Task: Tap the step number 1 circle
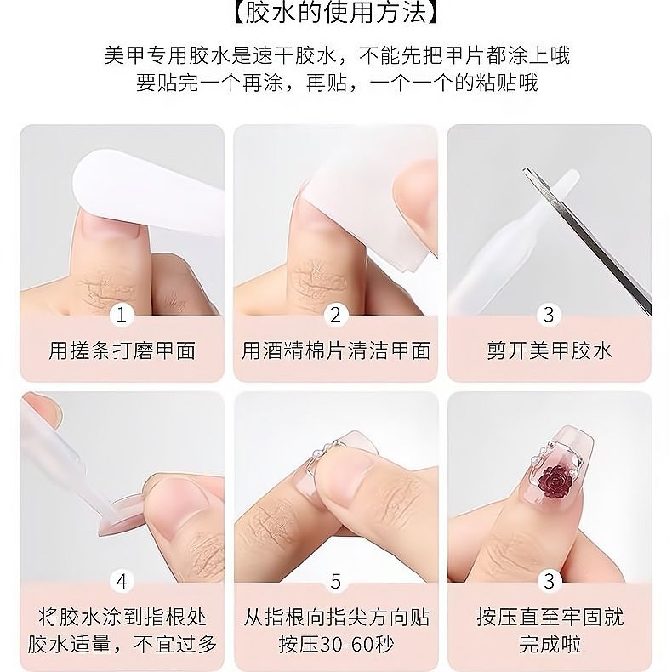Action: [x=122, y=315]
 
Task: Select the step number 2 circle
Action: [x=335, y=315]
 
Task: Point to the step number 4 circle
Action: [x=122, y=582]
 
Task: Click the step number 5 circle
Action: [x=335, y=582]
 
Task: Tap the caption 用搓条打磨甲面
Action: [x=122, y=350]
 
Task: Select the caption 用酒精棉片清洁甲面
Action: [x=335, y=350]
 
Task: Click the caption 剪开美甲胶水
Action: [x=550, y=350]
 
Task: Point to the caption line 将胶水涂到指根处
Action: [x=122, y=618]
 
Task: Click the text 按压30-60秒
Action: [x=336, y=644]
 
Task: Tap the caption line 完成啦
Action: [x=550, y=644]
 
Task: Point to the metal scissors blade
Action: [x=587, y=240]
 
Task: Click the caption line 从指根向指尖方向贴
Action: [x=336, y=618]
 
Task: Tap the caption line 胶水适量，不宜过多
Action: [x=122, y=644]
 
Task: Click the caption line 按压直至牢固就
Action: [x=550, y=618]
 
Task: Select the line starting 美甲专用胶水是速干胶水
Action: [x=337, y=55]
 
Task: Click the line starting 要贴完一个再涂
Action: [x=337, y=83]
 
